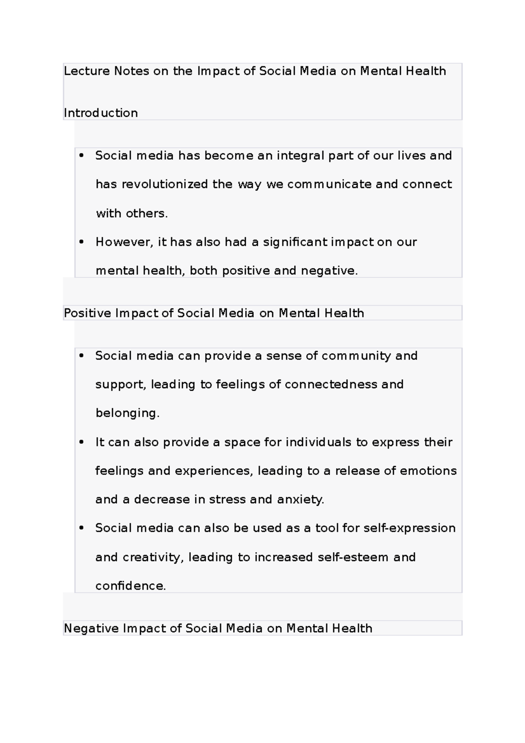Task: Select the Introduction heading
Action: click(x=101, y=113)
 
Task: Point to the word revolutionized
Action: click(x=164, y=184)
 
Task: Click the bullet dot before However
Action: click(x=81, y=242)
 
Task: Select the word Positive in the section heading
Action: click(x=87, y=313)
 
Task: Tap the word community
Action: click(x=356, y=356)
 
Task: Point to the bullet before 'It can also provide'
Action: click(x=81, y=442)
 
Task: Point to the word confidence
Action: click(x=130, y=586)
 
